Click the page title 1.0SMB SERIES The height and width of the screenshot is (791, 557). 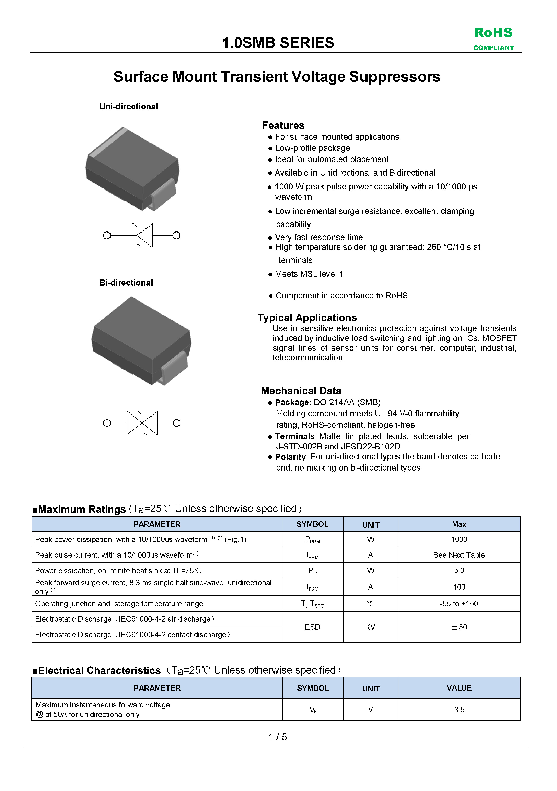point(278,43)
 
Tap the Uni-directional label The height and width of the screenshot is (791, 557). point(128,107)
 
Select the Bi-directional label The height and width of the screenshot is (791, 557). point(126,283)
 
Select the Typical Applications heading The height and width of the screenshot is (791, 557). point(307,317)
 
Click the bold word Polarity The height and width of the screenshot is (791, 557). point(290,457)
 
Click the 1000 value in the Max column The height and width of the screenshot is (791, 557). point(459,539)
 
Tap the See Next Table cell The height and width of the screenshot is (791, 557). point(459,555)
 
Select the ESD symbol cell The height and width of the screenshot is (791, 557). point(312,627)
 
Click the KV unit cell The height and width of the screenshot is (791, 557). point(370,627)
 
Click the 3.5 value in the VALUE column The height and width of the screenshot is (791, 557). point(459,710)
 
